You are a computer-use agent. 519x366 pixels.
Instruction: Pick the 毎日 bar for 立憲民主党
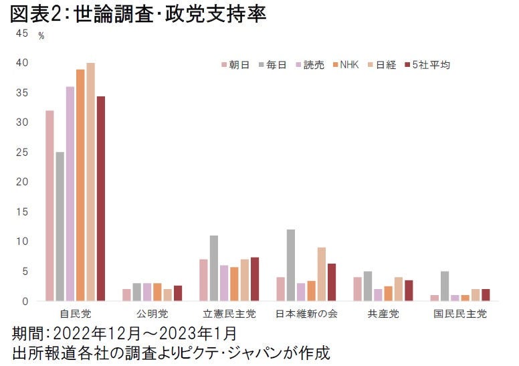click(214, 268)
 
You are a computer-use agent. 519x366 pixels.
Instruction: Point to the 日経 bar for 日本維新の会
click(322, 274)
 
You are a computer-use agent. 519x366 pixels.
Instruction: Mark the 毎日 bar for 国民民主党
click(445, 286)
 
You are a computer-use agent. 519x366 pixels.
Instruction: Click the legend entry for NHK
click(345, 65)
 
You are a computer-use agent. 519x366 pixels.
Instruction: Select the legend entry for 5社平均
click(427, 65)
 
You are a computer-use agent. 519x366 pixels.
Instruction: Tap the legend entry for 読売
click(310, 65)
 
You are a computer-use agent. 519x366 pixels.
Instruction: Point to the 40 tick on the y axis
click(23, 63)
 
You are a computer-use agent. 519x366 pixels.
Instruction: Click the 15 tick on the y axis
click(23, 211)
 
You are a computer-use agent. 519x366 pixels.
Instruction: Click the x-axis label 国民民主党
click(460, 313)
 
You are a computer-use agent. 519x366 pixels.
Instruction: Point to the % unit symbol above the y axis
click(41, 36)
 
